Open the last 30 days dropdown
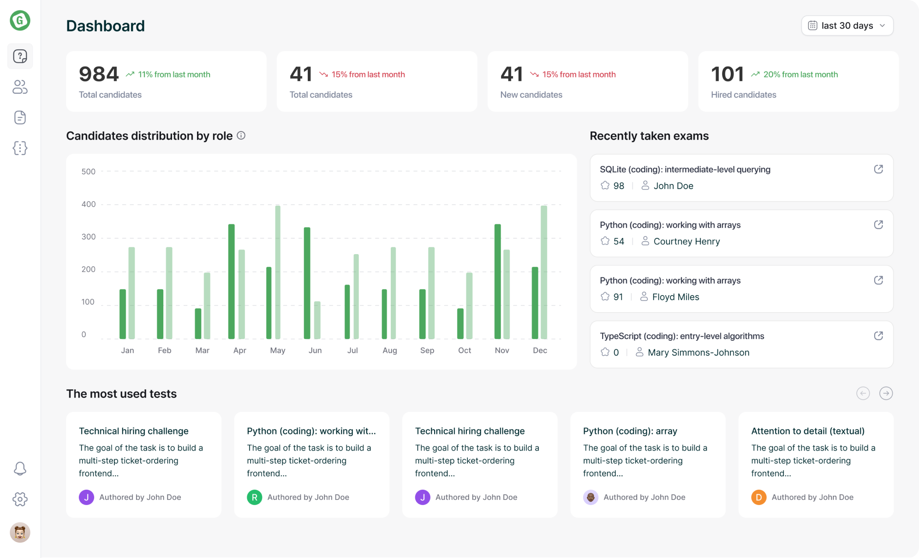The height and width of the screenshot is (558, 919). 847,26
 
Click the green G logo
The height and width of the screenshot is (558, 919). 20,20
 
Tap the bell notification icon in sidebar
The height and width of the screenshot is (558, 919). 20,469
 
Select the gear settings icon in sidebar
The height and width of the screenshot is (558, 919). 20,499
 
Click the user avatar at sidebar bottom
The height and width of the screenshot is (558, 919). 20,533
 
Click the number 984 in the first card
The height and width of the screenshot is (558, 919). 99,74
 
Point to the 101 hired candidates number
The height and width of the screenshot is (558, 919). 727,74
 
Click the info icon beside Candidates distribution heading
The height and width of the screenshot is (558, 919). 241,136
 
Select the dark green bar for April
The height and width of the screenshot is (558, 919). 232,281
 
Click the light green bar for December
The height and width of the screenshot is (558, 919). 544,272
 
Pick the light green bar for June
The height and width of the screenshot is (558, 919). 317,320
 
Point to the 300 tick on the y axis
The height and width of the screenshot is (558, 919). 88,237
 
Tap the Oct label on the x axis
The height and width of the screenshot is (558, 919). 465,350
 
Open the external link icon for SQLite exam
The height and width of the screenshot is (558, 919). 878,169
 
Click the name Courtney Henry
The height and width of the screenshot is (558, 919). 686,241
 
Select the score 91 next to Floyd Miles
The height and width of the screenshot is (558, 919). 618,297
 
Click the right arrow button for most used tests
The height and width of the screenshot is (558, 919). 886,393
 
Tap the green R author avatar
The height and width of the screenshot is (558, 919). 254,497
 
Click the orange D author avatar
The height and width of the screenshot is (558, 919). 758,497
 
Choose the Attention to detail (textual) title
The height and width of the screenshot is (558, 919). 807,431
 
